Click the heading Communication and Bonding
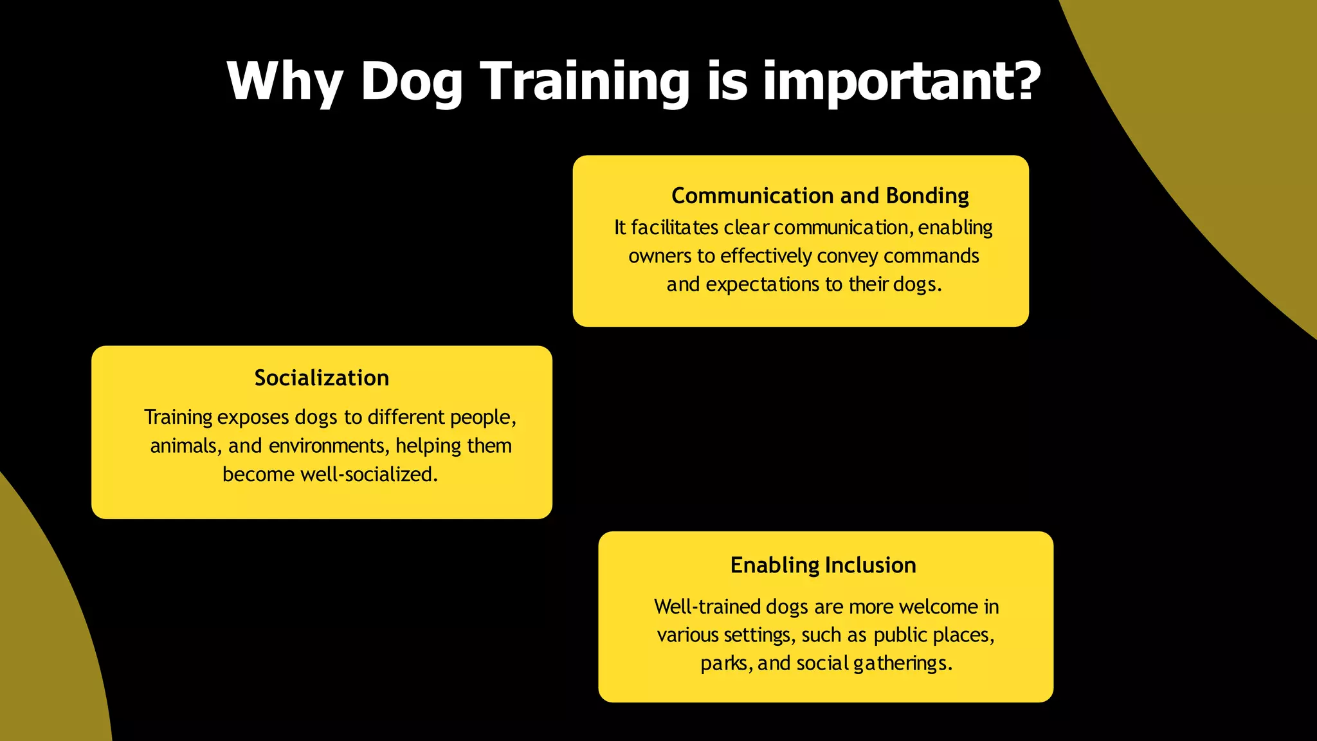820,196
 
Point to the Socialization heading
322,378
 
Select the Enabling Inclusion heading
823,565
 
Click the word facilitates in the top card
674,228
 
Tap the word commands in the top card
931,256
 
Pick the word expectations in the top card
762,284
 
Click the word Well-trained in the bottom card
707,607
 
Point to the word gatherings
902,663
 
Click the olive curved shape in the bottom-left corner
39,643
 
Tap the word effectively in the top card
766,256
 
